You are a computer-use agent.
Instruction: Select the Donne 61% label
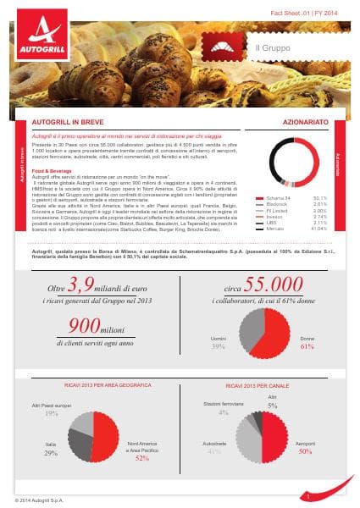[x=307, y=342]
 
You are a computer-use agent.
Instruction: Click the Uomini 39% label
[x=218, y=342]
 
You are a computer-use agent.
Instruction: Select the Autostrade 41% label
[x=213, y=448]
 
